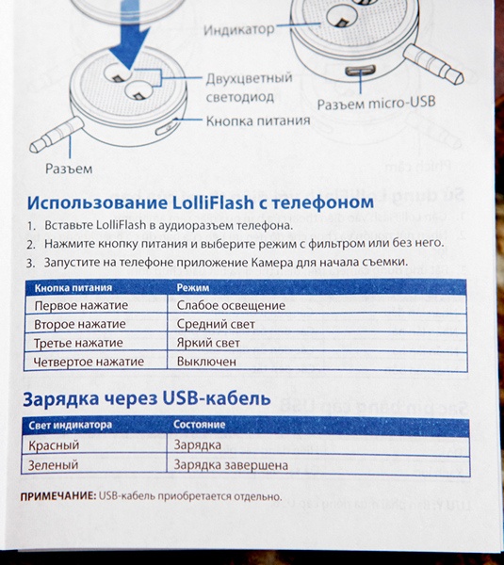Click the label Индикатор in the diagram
[x=239, y=30]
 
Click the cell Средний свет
[x=216, y=324]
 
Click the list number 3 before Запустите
[x=30, y=263]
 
